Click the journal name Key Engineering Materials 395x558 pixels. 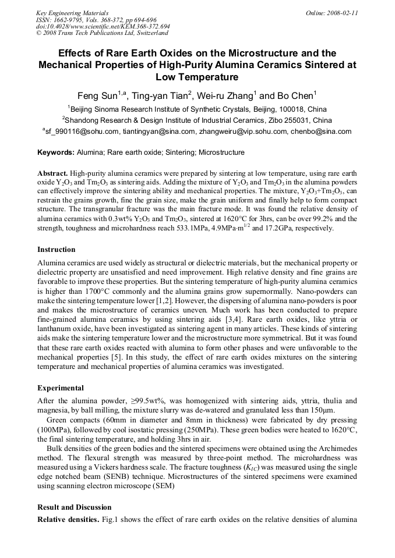coord(72,13)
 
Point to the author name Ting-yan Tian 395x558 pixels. coord(163,96)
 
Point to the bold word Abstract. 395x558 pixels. coord(52,173)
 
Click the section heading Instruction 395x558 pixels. coord(57,250)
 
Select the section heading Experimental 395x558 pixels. coord(61,388)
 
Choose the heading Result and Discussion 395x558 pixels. coord(74,507)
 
